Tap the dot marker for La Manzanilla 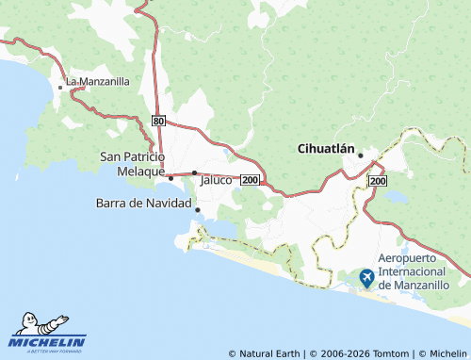tap(61, 88)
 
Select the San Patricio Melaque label tap(132, 163)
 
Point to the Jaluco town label tap(216, 179)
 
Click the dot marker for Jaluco tap(194, 172)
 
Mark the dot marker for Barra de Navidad tap(197, 209)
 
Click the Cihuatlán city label tap(326, 148)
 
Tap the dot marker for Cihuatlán tap(360, 155)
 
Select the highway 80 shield tap(158, 121)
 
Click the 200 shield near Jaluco tap(250, 179)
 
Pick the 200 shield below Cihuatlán tap(378, 179)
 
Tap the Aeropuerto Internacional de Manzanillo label tap(422, 270)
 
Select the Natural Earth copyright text tap(269, 353)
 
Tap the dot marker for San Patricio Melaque tap(171, 177)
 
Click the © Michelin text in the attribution tap(442, 353)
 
